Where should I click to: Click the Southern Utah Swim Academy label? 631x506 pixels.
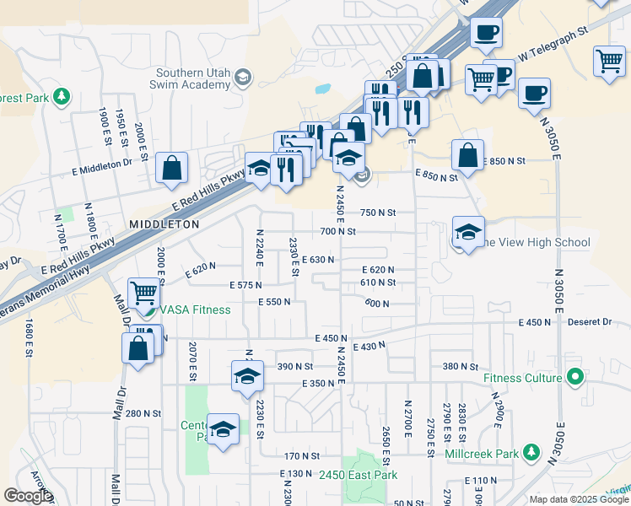click(x=192, y=78)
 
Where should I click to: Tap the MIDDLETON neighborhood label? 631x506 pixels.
click(x=164, y=224)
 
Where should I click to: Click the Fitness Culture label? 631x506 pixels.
click(x=522, y=377)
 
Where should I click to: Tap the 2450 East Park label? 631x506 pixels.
click(x=358, y=476)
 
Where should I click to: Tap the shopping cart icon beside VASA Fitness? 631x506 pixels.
click(x=143, y=293)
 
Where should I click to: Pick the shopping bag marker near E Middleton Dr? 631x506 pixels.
click(x=171, y=167)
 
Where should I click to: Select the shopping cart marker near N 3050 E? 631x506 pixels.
click(x=609, y=61)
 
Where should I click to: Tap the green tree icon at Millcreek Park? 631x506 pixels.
click(x=531, y=453)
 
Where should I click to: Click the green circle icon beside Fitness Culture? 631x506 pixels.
click(x=576, y=376)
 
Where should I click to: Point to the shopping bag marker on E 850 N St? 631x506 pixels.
click(x=467, y=155)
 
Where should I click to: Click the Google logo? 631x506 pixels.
click(x=28, y=496)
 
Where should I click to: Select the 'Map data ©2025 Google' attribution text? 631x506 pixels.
click(x=579, y=499)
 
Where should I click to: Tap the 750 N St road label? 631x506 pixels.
click(x=379, y=213)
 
